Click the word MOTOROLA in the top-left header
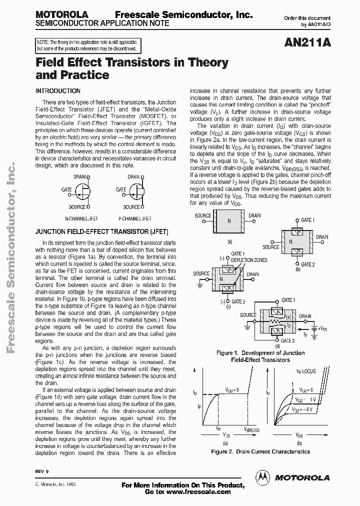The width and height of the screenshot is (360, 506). [62, 15]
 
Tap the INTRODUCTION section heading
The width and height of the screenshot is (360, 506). [58, 91]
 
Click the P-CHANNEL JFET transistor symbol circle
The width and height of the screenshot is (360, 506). [136, 191]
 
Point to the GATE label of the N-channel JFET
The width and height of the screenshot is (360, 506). [66, 189]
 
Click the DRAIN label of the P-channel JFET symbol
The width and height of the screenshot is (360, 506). [133, 176]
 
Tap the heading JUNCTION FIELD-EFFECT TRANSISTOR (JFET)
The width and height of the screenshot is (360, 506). [102, 232]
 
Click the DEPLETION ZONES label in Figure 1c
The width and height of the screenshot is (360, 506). [248, 260]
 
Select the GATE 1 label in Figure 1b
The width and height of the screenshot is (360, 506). [307, 220]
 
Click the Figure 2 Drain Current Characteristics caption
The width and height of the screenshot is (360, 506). [260, 451]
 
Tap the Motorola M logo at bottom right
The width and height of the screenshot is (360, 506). [261, 477]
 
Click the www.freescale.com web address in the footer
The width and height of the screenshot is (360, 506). [198, 492]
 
